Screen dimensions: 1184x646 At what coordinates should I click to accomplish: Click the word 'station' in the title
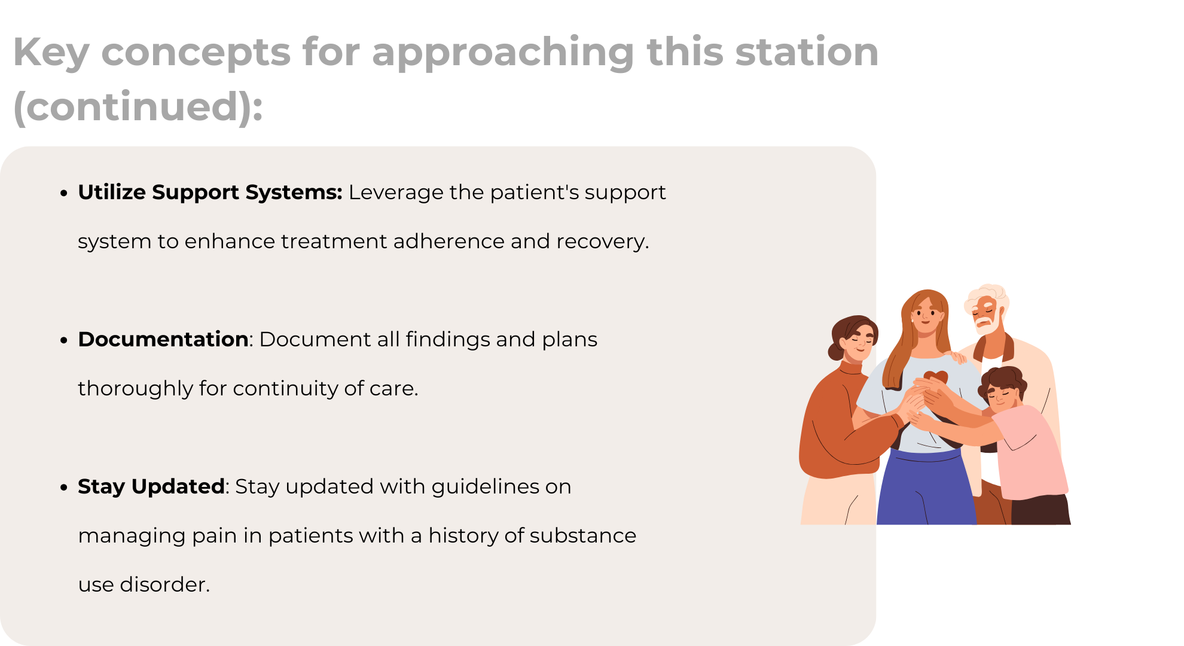click(x=807, y=51)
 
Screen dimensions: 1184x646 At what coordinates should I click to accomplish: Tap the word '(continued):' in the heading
click(x=138, y=107)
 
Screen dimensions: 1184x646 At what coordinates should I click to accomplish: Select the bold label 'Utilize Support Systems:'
click(x=210, y=192)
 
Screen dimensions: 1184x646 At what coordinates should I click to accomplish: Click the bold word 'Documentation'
click(x=163, y=339)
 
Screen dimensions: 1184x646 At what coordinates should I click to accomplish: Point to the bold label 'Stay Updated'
click(x=151, y=487)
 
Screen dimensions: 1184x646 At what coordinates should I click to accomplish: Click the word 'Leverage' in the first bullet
click(x=396, y=193)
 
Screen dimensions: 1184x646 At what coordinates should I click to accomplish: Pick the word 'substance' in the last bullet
click(x=579, y=535)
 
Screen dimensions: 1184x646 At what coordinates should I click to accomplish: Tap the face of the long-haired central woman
click(x=926, y=315)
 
